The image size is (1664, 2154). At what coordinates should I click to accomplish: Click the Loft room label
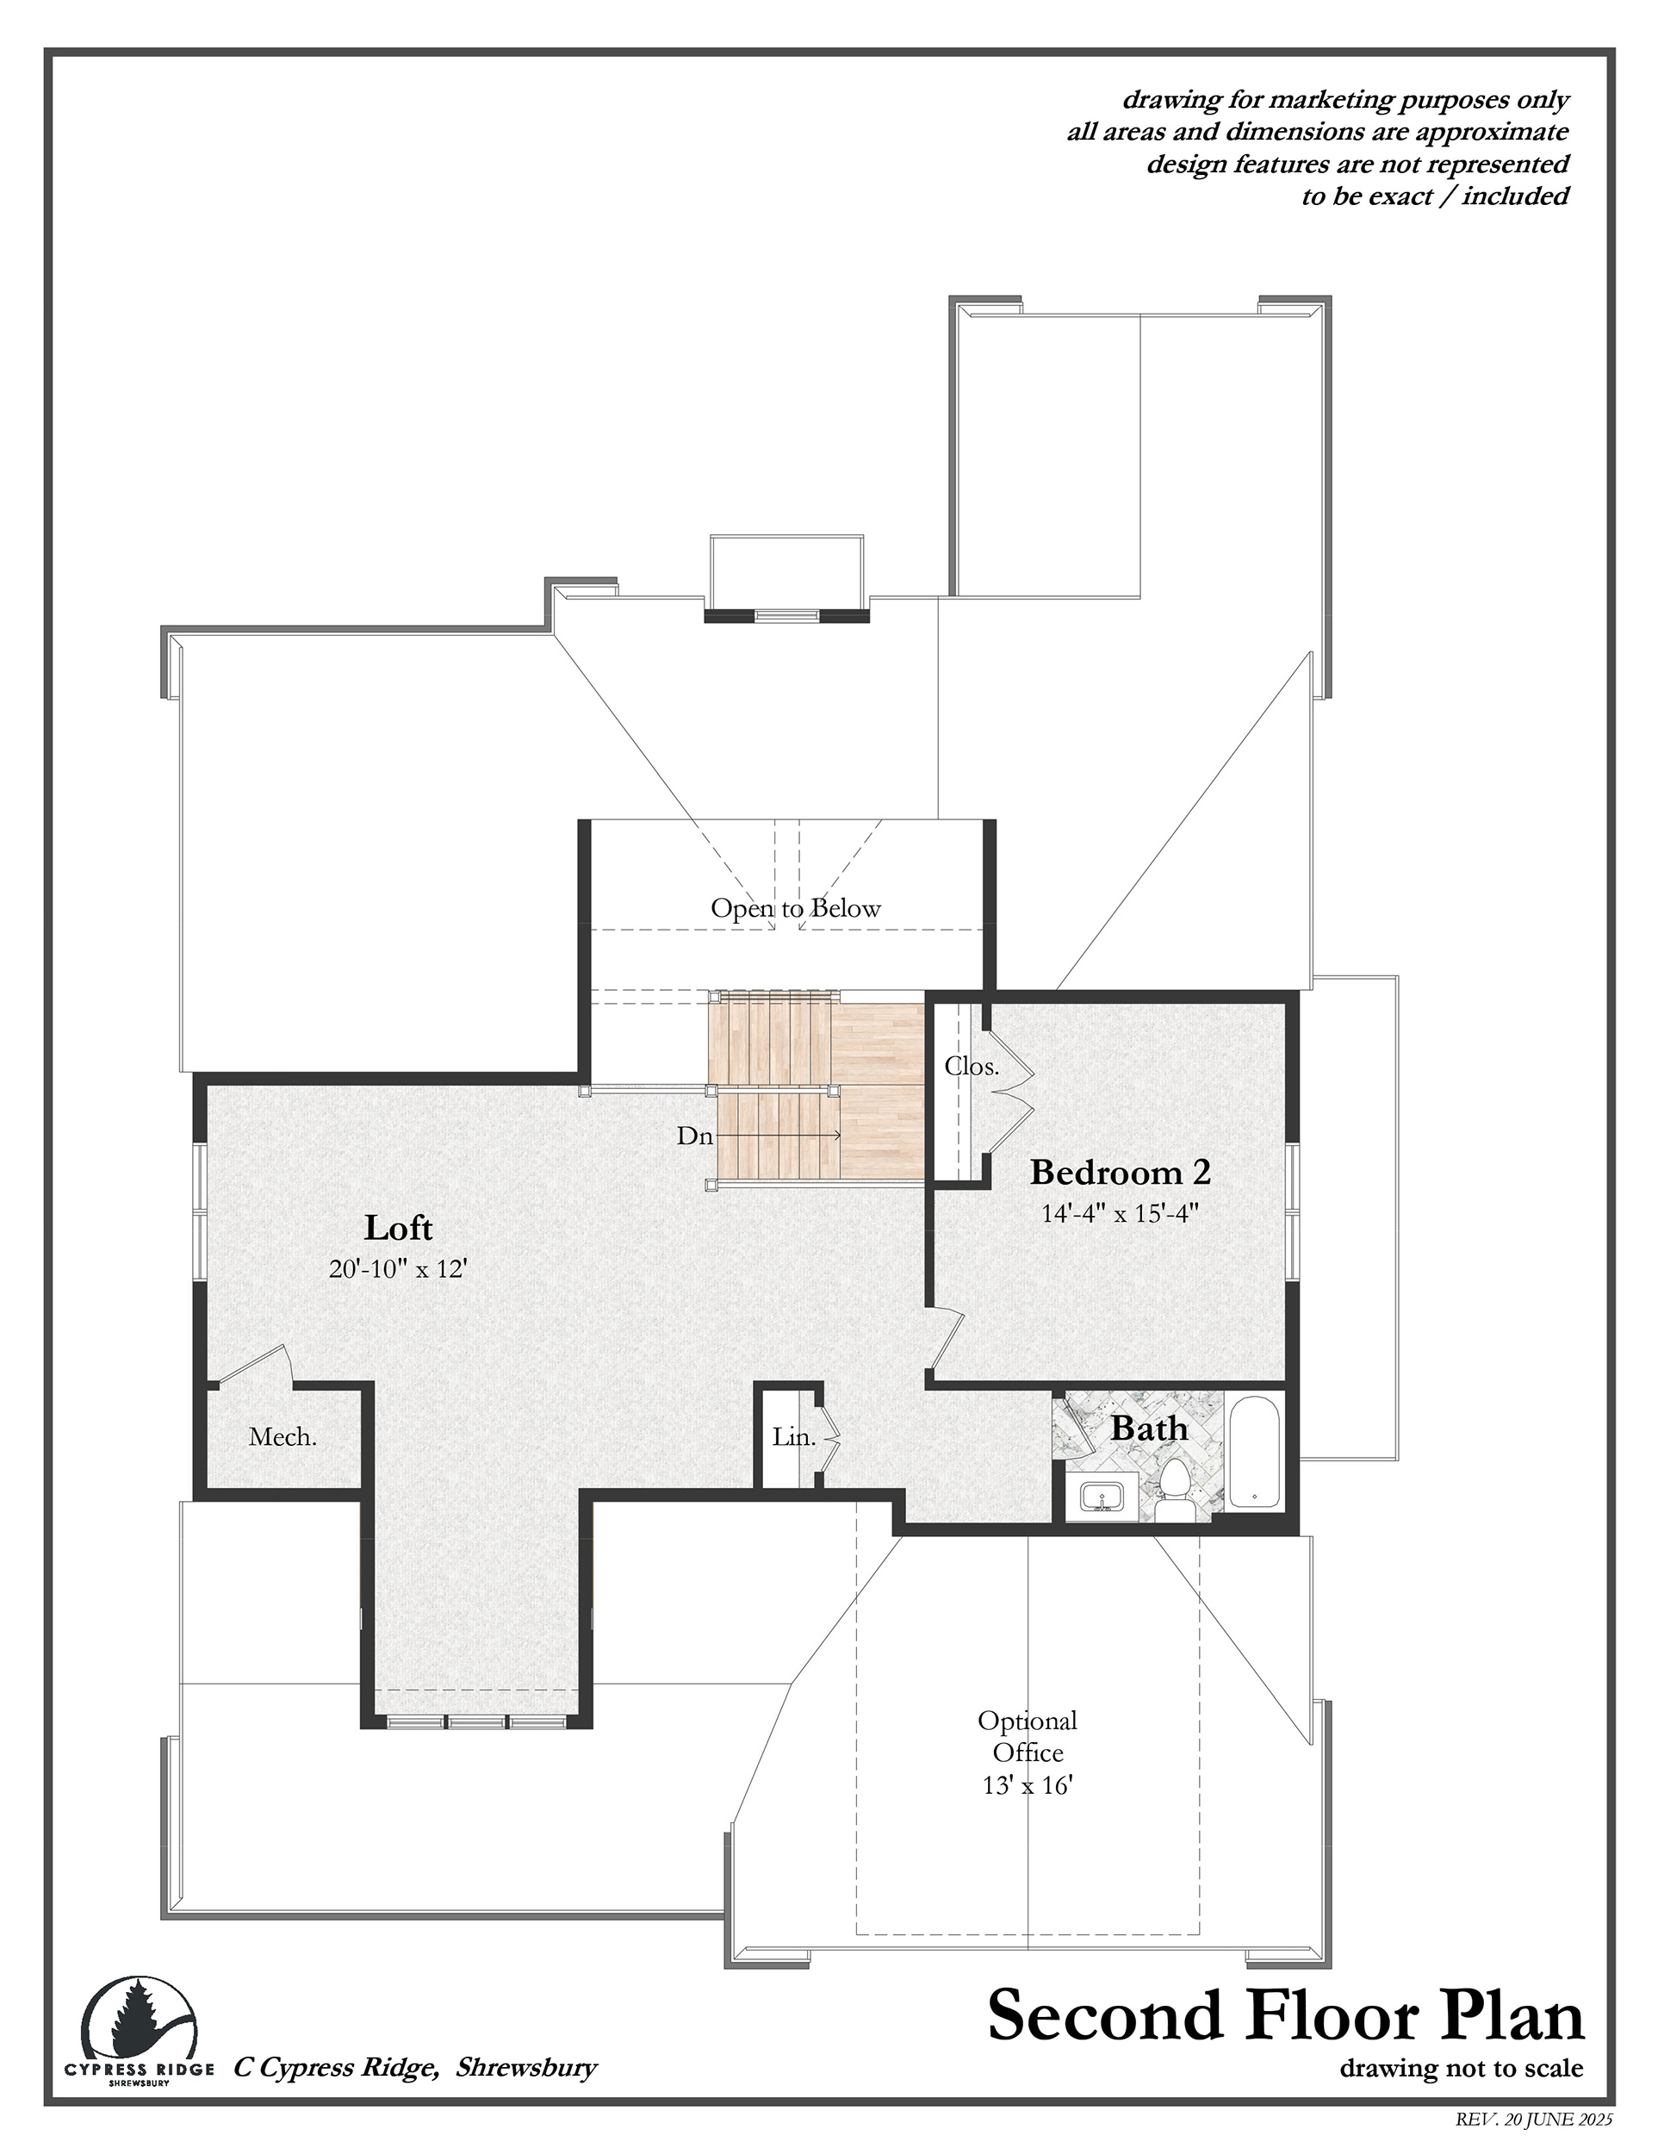(x=398, y=1228)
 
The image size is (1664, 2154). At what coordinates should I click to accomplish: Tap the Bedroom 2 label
(x=1120, y=1173)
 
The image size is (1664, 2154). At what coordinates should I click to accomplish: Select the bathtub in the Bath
(x=1254, y=1452)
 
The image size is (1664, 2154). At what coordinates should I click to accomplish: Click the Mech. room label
(x=283, y=1437)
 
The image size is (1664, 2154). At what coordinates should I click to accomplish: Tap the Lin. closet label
(x=793, y=1437)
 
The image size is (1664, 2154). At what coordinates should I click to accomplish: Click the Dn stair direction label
(x=694, y=1136)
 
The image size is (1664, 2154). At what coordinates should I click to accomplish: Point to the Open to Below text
(x=796, y=907)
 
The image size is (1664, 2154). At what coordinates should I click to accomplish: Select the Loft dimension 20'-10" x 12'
(x=397, y=1268)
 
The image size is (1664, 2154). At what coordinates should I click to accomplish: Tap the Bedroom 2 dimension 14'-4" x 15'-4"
(x=1120, y=1213)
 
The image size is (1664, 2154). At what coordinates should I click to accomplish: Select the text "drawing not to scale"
(x=1461, y=2066)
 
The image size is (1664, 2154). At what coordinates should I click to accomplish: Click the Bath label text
(x=1150, y=1429)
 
